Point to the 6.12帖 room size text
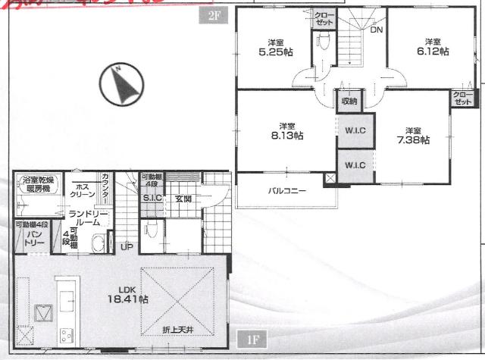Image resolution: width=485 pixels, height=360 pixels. point(433,47)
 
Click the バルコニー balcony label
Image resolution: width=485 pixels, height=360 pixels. point(286,190)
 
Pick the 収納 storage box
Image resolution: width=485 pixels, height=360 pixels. point(349,101)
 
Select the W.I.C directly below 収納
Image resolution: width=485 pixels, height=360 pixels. point(355,130)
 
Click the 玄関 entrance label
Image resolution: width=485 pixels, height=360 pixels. point(183,199)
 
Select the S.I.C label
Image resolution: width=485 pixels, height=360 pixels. point(152,199)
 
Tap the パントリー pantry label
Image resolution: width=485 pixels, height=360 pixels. point(34,238)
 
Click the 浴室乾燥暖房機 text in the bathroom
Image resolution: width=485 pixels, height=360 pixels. point(36,185)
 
